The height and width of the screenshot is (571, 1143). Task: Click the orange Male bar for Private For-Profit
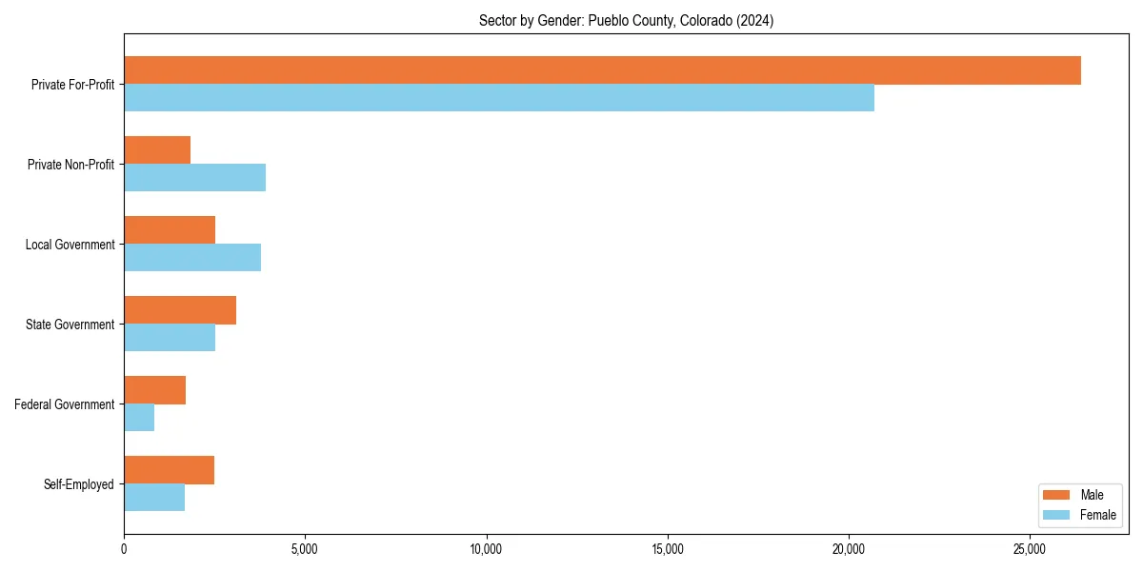tap(602, 70)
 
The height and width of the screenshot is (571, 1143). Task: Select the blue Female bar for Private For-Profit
tap(499, 97)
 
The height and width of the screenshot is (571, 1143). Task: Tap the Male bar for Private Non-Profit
tap(157, 150)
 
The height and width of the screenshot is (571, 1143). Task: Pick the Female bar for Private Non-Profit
tap(194, 177)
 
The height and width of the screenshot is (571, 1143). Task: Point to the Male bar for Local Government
tap(170, 230)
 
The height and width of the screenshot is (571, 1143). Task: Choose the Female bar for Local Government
tap(192, 257)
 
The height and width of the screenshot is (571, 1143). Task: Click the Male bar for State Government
tap(180, 310)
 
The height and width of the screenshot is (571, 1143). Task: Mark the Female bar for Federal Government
tap(139, 417)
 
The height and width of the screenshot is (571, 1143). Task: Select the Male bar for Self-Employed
tap(169, 470)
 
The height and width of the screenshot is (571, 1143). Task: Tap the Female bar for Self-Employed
tap(154, 497)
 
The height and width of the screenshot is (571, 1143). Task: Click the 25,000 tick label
tap(1030, 549)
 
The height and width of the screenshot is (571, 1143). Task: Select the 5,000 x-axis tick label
tap(305, 549)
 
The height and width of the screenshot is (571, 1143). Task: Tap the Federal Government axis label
tap(65, 404)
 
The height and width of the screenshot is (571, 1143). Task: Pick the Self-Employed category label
tap(79, 484)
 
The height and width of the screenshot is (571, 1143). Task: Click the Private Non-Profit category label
tap(70, 165)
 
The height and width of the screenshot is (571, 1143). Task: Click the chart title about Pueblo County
tap(626, 21)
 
